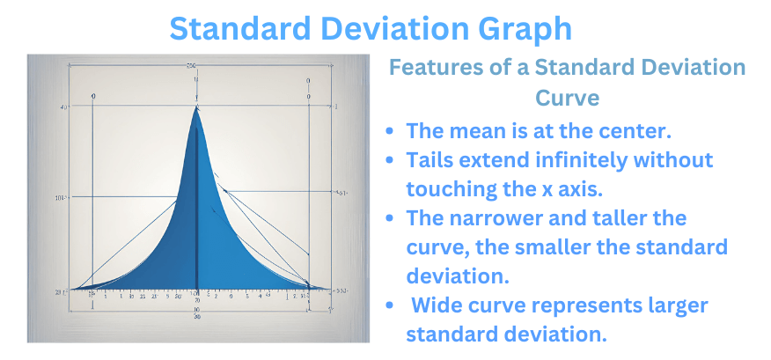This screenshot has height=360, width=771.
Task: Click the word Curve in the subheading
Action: (x=567, y=97)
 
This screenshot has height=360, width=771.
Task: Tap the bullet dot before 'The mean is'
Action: (x=390, y=131)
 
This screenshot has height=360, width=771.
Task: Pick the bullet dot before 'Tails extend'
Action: (x=390, y=161)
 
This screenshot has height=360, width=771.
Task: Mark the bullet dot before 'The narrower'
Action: (x=390, y=218)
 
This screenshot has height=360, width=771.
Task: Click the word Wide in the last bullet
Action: (x=437, y=305)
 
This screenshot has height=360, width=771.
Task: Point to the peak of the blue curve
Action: (x=196, y=108)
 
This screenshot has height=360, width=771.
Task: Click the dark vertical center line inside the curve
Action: (x=196, y=220)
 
